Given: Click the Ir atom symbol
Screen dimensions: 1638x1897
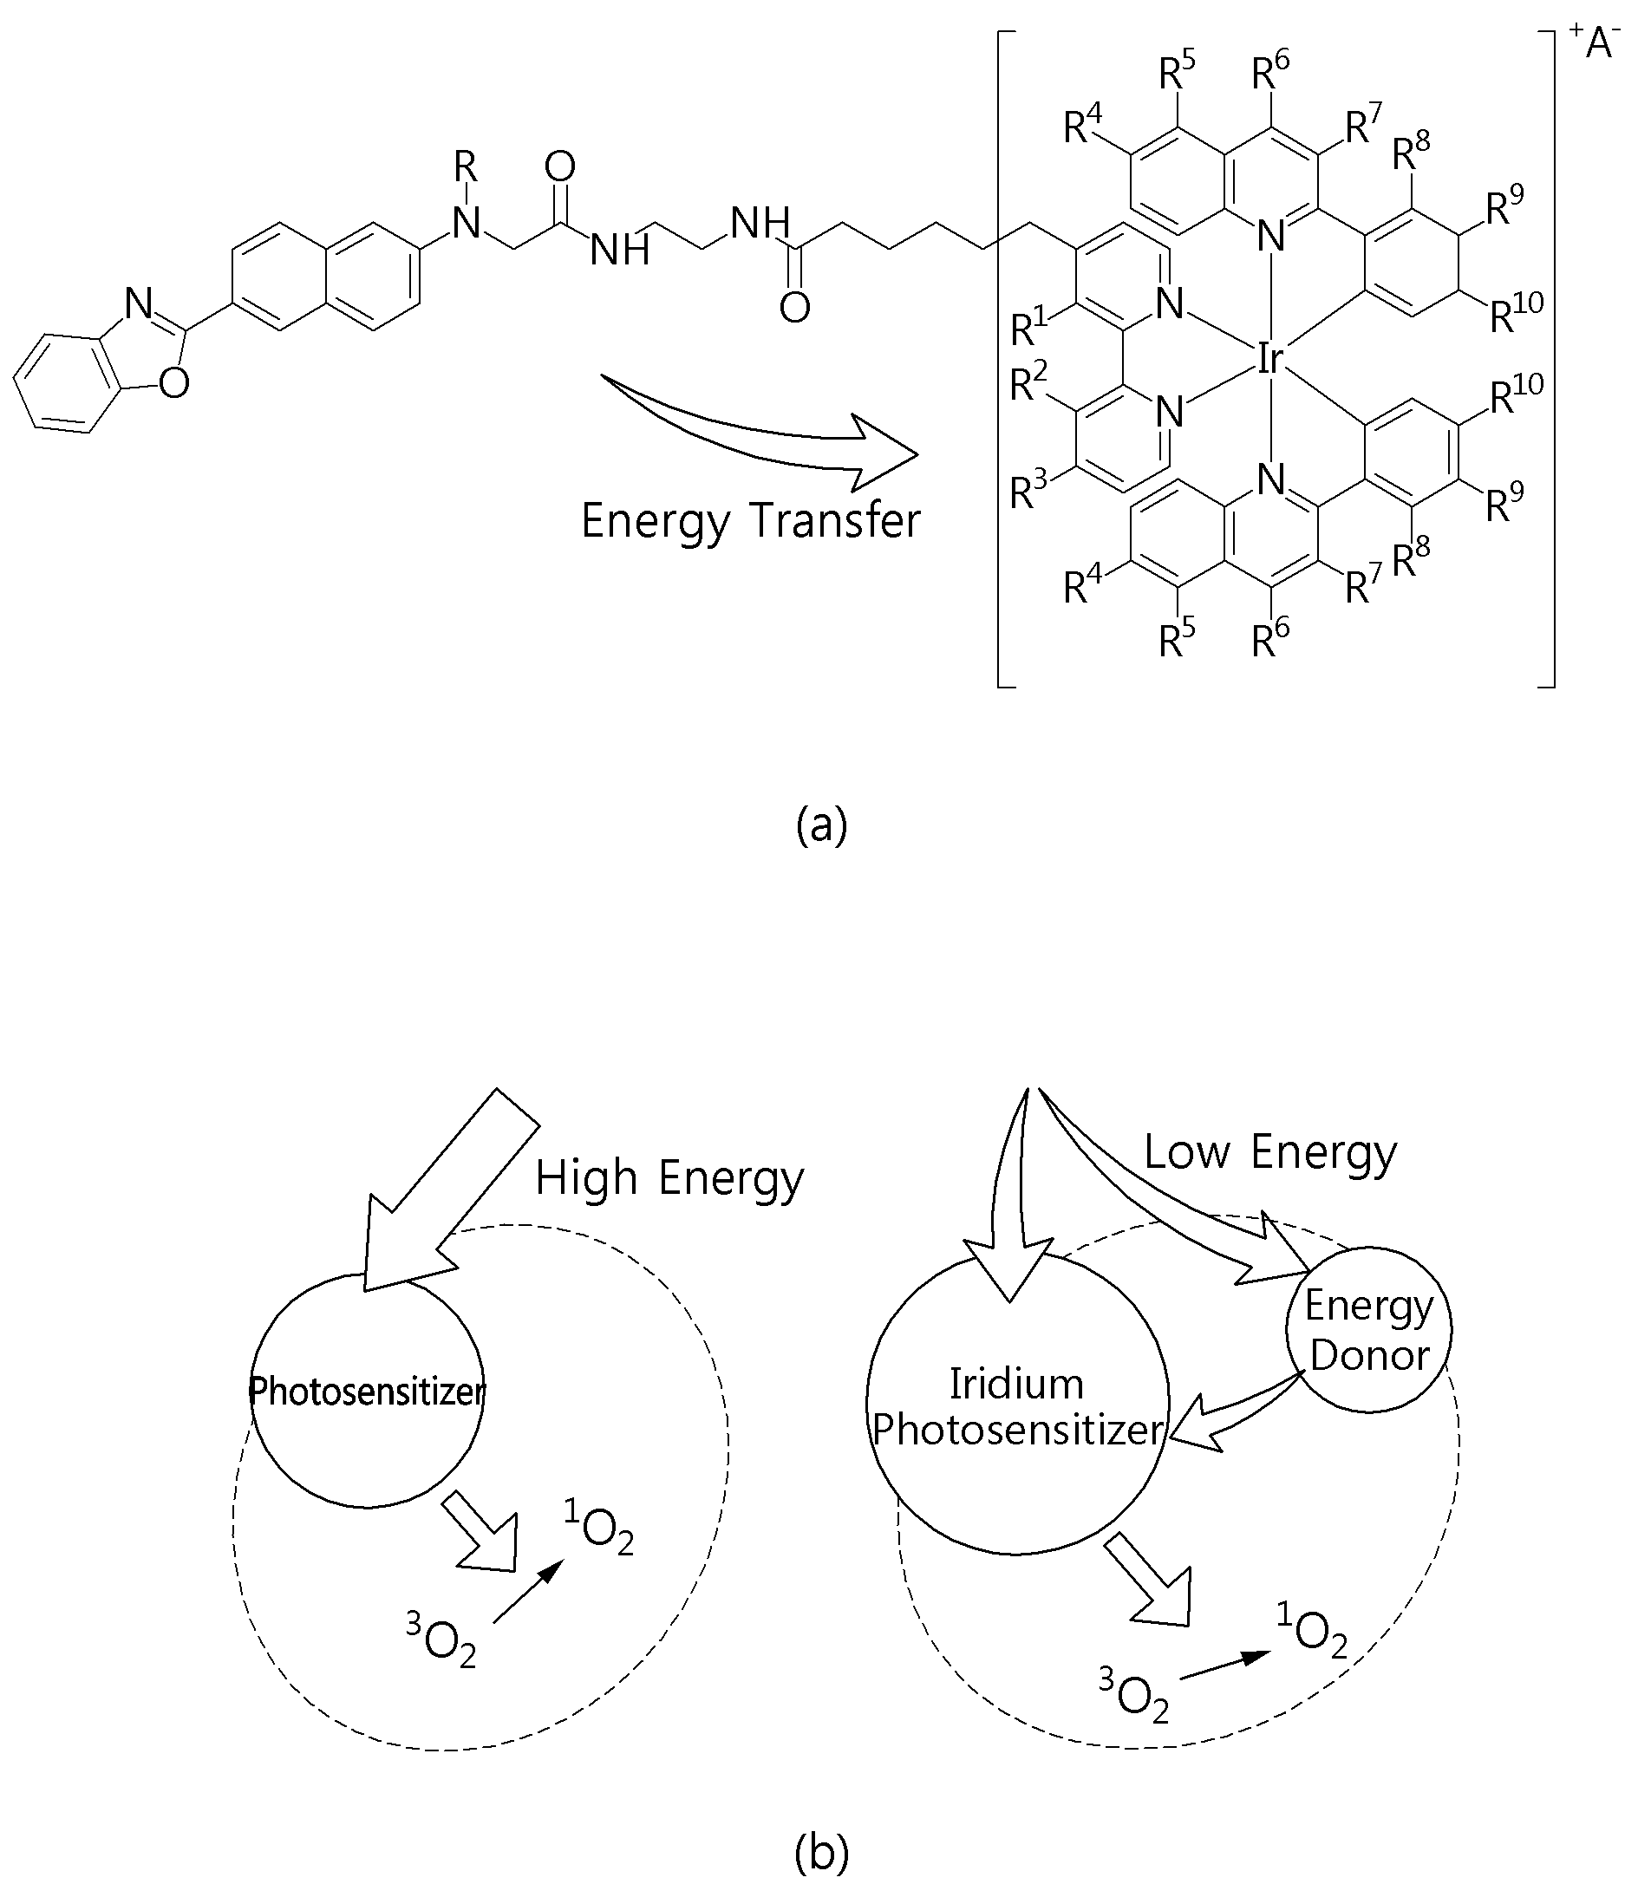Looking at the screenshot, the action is pyautogui.click(x=1269, y=359).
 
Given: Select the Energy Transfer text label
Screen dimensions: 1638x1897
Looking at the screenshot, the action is pyautogui.click(x=751, y=522).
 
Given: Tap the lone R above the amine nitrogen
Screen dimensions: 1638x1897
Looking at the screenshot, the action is pyautogui.click(x=466, y=167).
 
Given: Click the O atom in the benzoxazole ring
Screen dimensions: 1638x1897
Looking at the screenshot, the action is pyautogui.click(x=174, y=383).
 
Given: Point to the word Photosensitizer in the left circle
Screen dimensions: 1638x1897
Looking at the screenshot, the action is pyautogui.click(x=367, y=1391).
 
